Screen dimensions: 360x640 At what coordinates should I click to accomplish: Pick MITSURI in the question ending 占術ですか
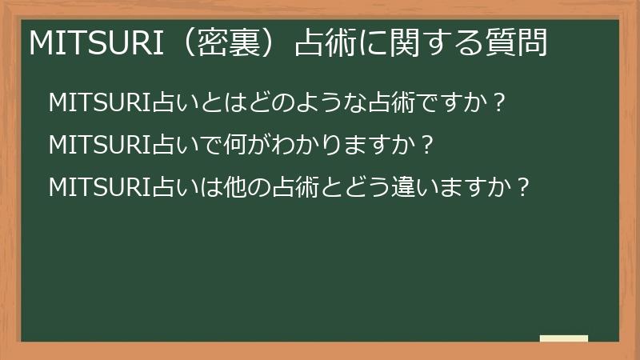(x=95, y=104)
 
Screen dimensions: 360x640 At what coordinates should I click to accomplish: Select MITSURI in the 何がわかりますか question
(x=95, y=146)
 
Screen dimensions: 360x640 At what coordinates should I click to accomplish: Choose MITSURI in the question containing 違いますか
(x=95, y=187)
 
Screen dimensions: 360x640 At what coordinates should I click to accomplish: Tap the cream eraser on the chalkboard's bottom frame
(x=564, y=339)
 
